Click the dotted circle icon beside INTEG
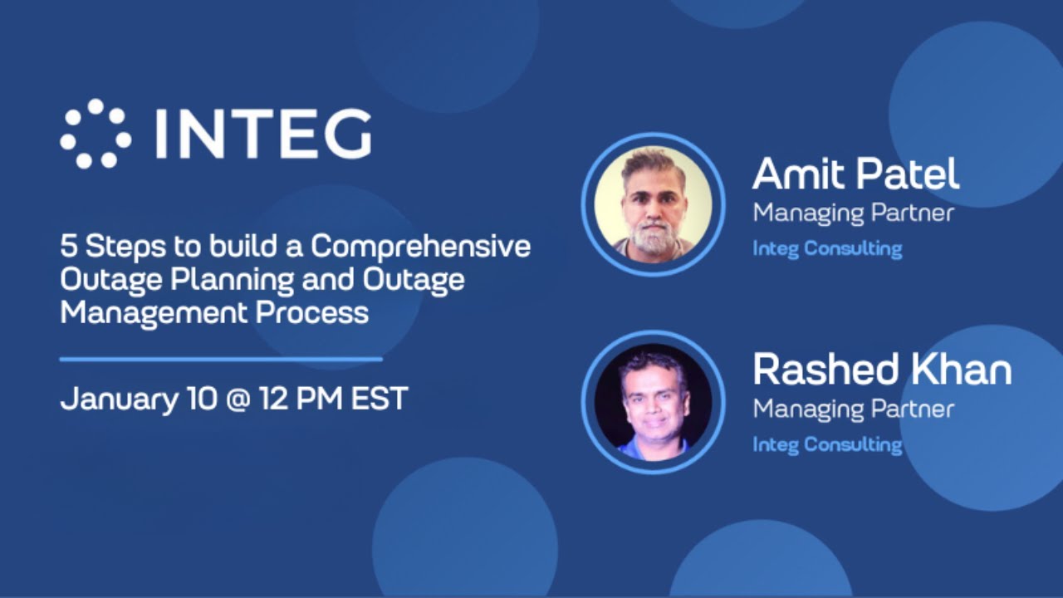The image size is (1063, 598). pyautogui.click(x=95, y=133)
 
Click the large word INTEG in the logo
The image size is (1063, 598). pyautogui.click(x=262, y=134)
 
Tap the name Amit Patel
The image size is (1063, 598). pyautogui.click(x=855, y=174)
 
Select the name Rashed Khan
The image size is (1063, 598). pyautogui.click(x=881, y=370)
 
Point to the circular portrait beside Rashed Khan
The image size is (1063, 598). pyautogui.click(x=653, y=401)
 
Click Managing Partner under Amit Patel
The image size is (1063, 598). pyautogui.click(x=853, y=213)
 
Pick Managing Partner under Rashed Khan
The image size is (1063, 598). pyautogui.click(x=853, y=409)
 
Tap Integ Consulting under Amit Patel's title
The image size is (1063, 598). pyautogui.click(x=827, y=248)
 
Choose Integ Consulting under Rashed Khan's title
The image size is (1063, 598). pyautogui.click(x=827, y=444)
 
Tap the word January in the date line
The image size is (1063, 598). pyautogui.click(x=117, y=399)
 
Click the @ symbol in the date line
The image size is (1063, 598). pyautogui.click(x=240, y=399)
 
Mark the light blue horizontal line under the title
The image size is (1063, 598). pyautogui.click(x=221, y=360)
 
